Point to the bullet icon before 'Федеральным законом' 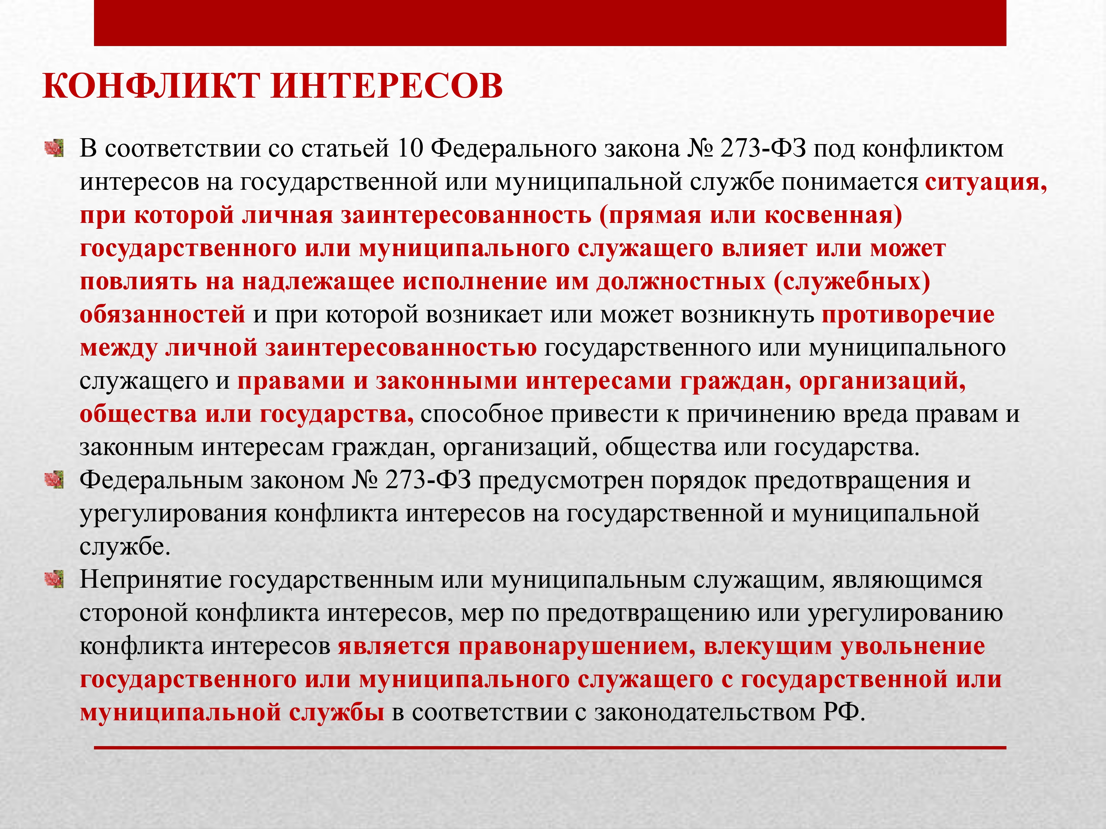54,480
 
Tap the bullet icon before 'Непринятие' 54,580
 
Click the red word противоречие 908,315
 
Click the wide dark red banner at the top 550,23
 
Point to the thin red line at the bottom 550,748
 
